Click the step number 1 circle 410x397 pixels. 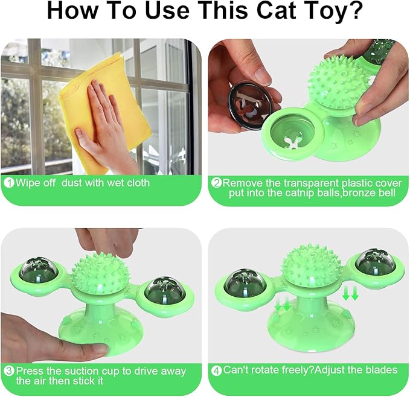tap(10, 182)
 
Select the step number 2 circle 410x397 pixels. tap(216, 182)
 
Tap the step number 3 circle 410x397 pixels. tap(10, 371)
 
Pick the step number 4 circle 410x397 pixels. tap(216, 369)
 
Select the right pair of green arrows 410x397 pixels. tap(350, 294)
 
